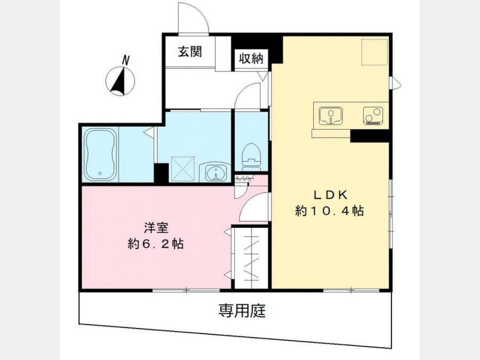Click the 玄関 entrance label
(190, 52)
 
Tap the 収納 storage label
(251, 58)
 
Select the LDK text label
(330, 195)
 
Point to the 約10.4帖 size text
(330, 211)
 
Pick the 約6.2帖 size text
(156, 244)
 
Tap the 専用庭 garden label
(242, 311)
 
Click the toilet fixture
(251, 157)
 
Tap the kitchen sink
(330, 115)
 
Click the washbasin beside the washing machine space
(216, 172)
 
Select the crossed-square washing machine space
(183, 169)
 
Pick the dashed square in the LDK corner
(375, 52)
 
